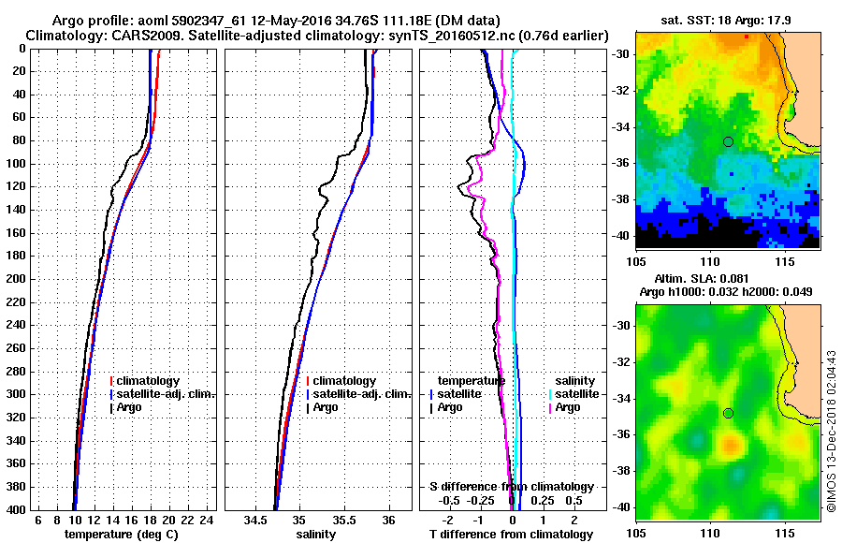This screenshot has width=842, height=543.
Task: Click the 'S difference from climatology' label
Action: click(511, 487)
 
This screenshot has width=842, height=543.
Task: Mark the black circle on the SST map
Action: click(728, 141)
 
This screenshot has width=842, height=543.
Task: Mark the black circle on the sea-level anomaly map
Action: click(728, 413)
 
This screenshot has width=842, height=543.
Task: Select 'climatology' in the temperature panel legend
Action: click(151, 381)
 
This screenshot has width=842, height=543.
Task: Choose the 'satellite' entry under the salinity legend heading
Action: click(576, 394)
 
